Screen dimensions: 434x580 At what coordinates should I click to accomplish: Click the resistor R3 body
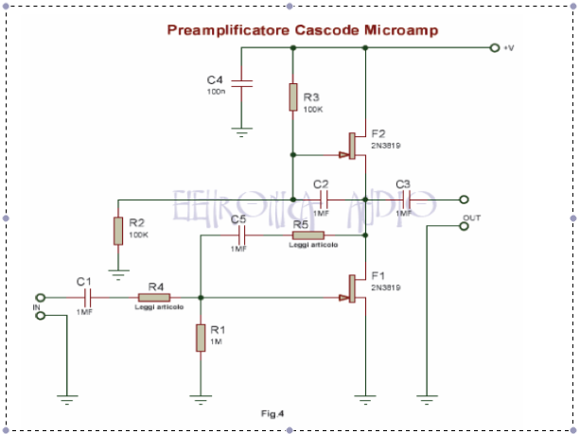pyautogui.click(x=293, y=96)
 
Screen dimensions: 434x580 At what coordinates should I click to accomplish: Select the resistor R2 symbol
pyautogui.click(x=117, y=231)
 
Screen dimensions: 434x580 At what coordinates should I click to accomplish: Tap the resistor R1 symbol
pyautogui.click(x=201, y=338)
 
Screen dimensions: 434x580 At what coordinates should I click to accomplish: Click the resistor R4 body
pyautogui.click(x=155, y=296)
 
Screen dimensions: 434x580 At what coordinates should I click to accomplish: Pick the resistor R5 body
pyautogui.click(x=307, y=236)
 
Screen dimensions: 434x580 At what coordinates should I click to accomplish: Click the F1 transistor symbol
pyautogui.click(x=356, y=288)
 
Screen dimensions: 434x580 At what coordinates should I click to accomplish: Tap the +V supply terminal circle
pyautogui.click(x=494, y=48)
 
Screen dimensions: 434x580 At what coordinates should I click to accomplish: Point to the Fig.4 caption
pyautogui.click(x=272, y=413)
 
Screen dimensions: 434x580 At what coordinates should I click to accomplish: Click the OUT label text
pyautogui.click(x=470, y=218)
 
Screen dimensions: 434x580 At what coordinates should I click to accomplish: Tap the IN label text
pyautogui.click(x=37, y=307)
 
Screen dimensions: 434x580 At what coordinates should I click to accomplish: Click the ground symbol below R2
pyautogui.click(x=117, y=274)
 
